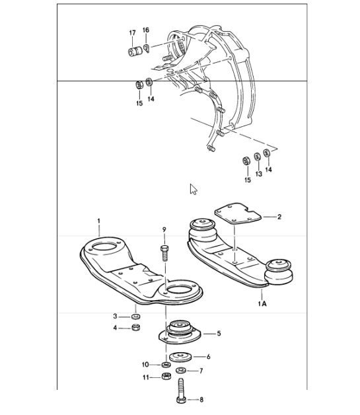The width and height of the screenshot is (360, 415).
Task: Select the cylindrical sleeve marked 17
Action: tap(134, 51)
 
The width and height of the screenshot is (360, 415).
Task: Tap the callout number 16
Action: tap(146, 30)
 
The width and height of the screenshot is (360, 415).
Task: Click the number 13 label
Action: tap(258, 174)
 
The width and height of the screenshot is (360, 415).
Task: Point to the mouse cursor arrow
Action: tap(193, 189)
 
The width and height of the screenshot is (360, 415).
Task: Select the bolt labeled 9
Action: tap(164, 254)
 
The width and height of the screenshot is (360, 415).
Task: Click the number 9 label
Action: tap(164, 229)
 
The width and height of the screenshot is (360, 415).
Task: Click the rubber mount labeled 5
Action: tap(176, 330)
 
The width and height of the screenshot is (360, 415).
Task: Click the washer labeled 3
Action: tap(135, 315)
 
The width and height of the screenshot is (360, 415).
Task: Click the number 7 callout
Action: tap(201, 371)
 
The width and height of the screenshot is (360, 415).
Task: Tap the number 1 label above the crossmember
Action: tap(99, 220)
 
